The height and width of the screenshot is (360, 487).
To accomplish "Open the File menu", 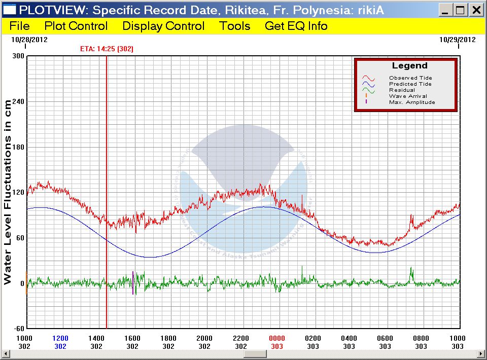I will (x=19, y=26).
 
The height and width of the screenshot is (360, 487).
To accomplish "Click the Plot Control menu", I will (x=76, y=26).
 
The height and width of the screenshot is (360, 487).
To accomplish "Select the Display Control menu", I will (x=163, y=26).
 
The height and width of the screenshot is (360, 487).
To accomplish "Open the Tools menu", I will (x=235, y=26).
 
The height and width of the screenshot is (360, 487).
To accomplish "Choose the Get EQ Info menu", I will (x=296, y=26).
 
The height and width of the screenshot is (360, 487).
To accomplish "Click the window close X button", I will (x=476, y=10).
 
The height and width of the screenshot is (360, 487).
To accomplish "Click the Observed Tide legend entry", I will (x=410, y=78).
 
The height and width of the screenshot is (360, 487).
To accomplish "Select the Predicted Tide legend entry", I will (x=410, y=84).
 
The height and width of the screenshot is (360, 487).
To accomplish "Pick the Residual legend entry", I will (x=402, y=90).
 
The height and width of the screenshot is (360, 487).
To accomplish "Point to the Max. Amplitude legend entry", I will (x=412, y=102).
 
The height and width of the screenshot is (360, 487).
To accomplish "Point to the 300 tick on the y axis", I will (x=18, y=56).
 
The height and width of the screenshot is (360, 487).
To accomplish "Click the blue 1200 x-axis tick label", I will (x=60, y=338).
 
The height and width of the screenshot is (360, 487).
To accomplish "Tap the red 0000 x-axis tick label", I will (x=277, y=338).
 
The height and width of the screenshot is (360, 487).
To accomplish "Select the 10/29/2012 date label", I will (x=457, y=39).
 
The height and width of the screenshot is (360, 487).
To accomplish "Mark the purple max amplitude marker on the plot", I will (x=133, y=283).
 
